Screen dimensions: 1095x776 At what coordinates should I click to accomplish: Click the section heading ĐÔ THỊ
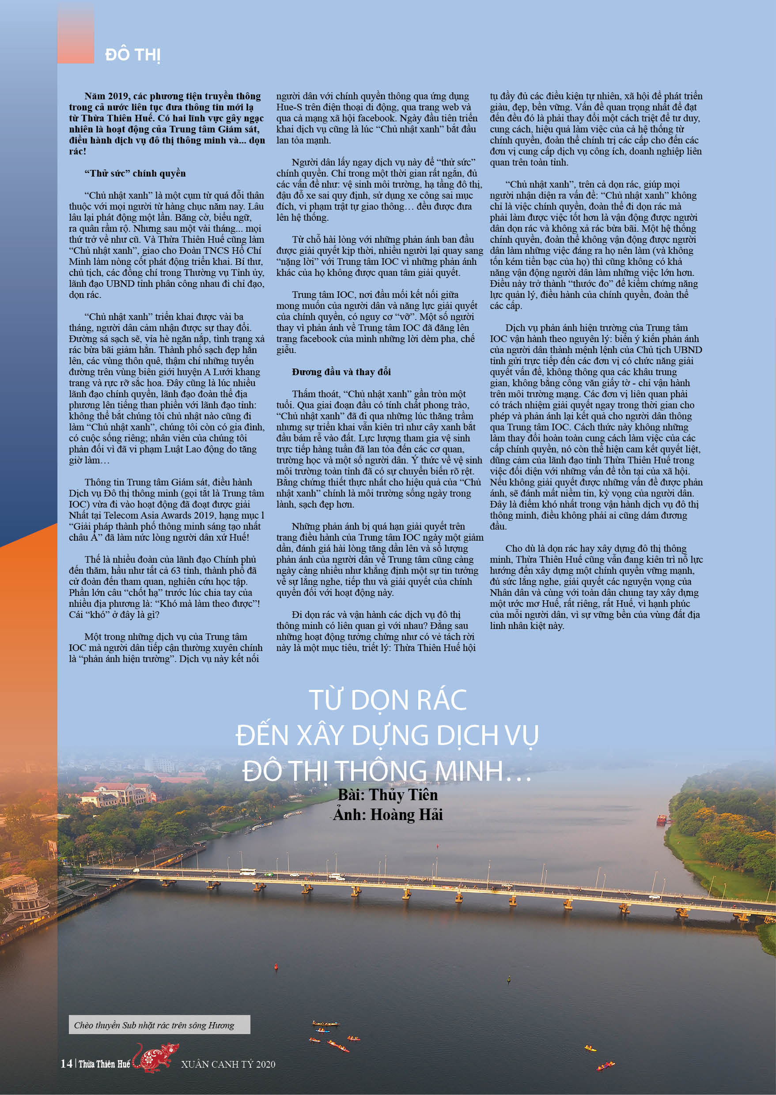tap(133, 55)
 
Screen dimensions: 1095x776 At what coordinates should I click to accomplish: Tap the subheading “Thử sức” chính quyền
tap(135, 173)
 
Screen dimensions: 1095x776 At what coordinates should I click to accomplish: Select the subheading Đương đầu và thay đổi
tap(341, 372)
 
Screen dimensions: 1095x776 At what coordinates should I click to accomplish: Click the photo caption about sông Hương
tap(154, 1025)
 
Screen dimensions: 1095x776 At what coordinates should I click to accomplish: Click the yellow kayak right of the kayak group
tap(590, 1049)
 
